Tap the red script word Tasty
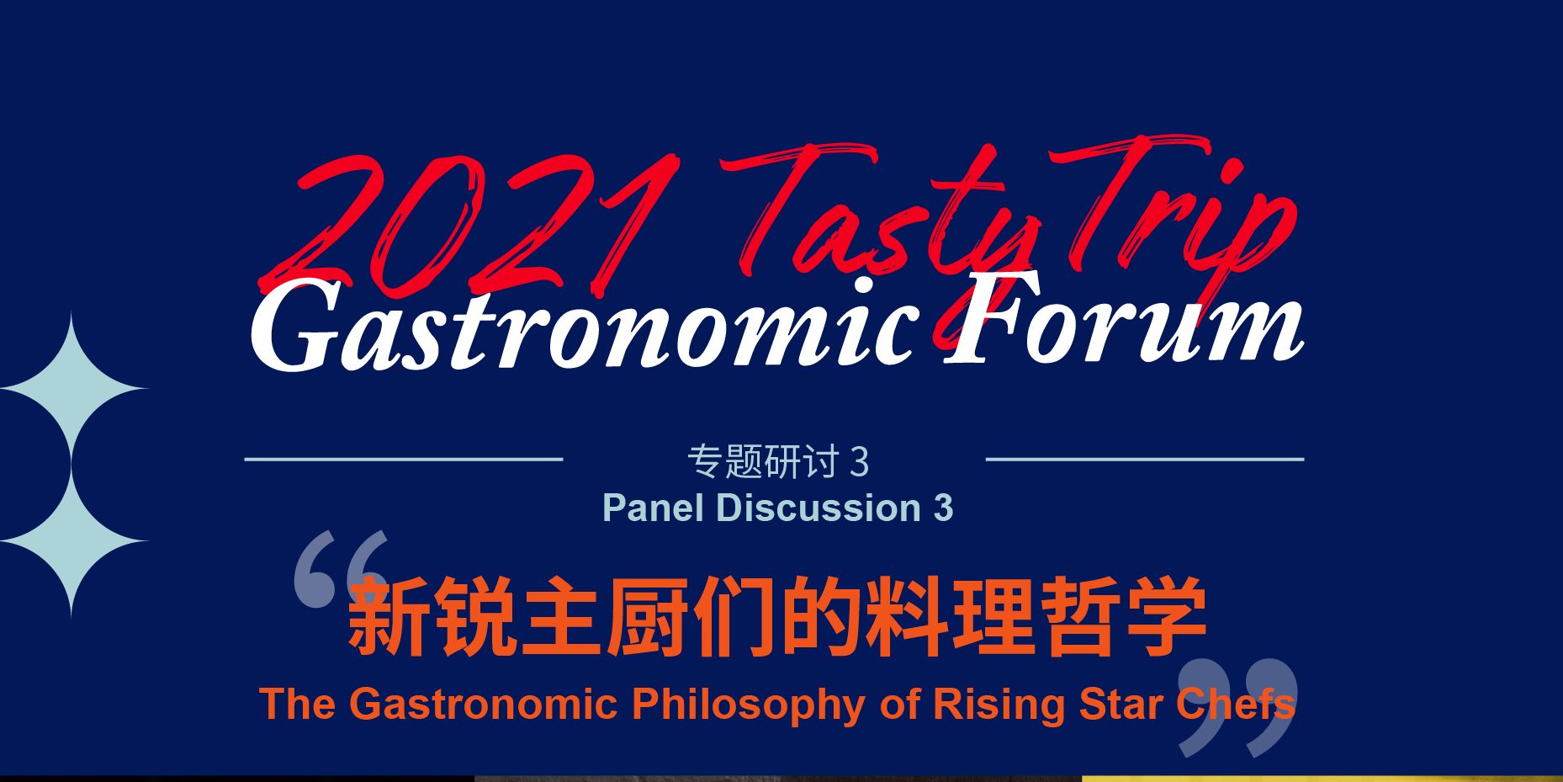click(x=875, y=215)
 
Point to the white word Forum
click(x=1124, y=320)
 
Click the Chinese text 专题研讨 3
click(x=778, y=462)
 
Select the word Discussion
click(x=819, y=508)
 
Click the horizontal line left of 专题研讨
click(x=404, y=459)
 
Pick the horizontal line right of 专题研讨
click(x=1145, y=459)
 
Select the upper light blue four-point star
click(x=72, y=389)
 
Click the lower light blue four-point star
click(x=72, y=541)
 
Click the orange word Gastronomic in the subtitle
click(x=483, y=704)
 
